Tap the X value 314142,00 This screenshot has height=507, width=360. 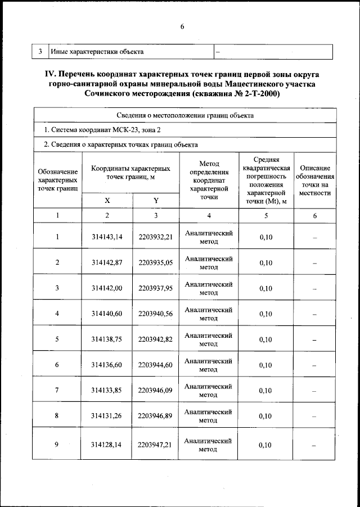click(107, 288)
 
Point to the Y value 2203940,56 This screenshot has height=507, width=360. click(155, 314)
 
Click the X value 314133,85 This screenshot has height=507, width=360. click(107, 391)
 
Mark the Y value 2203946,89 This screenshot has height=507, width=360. click(155, 417)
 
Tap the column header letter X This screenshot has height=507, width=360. click(107, 201)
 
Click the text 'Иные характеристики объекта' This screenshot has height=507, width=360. click(97, 52)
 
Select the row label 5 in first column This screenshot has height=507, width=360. click(57, 339)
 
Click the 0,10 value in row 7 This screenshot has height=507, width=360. click(265, 391)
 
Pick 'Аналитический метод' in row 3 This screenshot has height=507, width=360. click(208, 288)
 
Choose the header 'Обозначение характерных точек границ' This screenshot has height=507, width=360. click(57, 179)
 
